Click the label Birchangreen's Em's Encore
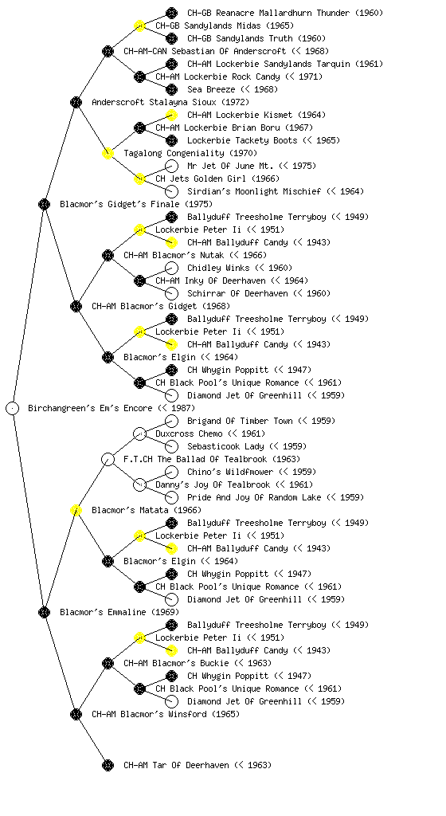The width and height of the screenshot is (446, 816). point(111,409)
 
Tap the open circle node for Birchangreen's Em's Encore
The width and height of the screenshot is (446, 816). point(13,409)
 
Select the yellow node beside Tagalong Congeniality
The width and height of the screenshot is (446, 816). point(108,154)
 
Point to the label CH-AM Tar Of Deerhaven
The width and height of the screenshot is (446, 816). point(198,766)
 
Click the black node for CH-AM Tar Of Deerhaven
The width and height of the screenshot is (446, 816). point(108,766)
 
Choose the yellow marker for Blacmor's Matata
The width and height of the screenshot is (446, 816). point(76,511)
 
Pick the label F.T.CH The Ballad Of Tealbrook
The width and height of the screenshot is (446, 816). point(212,460)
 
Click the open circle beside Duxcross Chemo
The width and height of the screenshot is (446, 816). point(139,434)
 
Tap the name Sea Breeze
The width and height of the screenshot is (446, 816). point(233,89)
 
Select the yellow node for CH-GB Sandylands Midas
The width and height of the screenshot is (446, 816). point(139,26)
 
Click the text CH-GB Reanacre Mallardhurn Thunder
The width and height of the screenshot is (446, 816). point(285,13)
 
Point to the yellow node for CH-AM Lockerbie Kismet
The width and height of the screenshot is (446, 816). point(171,115)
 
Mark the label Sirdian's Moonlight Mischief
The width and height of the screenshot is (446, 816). point(276,191)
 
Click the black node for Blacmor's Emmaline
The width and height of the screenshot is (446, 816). point(44,613)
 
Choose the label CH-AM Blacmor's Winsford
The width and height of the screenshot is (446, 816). point(166,715)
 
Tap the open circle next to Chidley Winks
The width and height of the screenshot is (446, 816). point(171,268)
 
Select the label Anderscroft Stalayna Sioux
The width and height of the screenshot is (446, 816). point(170,103)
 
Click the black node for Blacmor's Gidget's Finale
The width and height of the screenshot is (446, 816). point(44,205)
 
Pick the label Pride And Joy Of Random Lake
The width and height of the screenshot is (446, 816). point(276,497)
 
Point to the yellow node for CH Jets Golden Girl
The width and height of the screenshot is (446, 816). point(139,179)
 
